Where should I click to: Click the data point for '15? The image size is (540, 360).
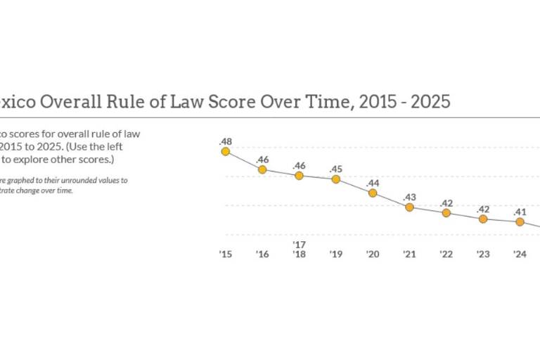tap(226, 151)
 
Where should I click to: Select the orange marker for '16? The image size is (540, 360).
tap(262, 169)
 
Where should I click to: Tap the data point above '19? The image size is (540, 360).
tap(335, 179)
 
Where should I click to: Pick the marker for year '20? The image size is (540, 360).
tap(373, 193)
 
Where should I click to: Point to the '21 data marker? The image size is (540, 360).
tap(409, 207)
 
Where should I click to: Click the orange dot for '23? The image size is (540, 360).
tap(483, 219)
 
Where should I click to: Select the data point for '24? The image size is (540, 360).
tap(520, 221)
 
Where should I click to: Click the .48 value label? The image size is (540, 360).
tap(225, 140)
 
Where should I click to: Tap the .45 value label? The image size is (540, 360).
tap(335, 168)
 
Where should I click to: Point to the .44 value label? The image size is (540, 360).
tap(373, 182)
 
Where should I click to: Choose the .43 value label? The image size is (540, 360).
tap(409, 196)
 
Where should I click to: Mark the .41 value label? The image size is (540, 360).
tap(520, 211)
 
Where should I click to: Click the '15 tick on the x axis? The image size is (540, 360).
tap(225, 254)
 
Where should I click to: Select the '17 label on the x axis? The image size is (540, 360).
tap(299, 244)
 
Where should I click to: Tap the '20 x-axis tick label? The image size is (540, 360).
tap(373, 254)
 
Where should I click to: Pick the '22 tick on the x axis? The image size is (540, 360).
tap(446, 254)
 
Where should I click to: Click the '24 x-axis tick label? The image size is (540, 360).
tap(520, 254)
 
